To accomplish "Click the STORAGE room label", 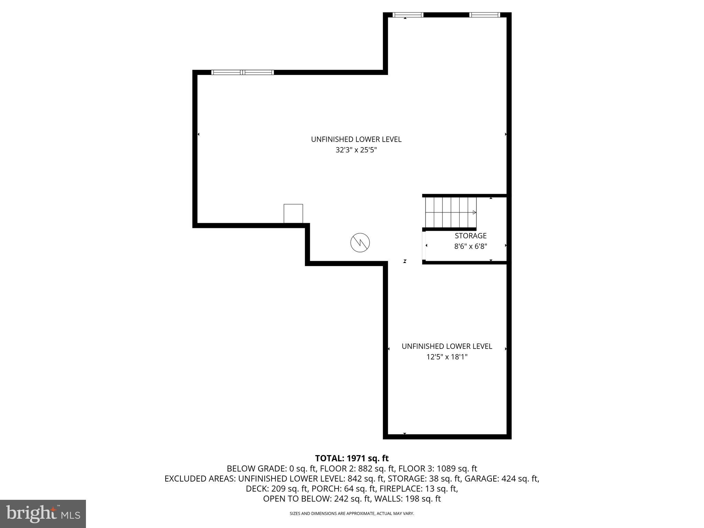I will point(471,236).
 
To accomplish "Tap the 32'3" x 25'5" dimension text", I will point(356,150).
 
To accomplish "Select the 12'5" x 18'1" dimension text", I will point(447,357).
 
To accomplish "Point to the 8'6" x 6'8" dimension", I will point(471,246).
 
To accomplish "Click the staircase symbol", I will point(451,212).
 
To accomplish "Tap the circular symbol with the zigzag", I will point(360,243).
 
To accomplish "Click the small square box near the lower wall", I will point(293,213).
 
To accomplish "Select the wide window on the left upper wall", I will point(243,72).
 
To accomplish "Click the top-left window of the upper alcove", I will point(408,15).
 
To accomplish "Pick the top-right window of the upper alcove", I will point(485,15).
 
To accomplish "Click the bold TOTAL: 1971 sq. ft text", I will point(352,458).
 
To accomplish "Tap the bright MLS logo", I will point(43,514).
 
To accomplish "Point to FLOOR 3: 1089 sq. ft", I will point(438,469).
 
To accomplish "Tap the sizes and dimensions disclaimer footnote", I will point(352,514).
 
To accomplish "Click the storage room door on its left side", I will point(424,245).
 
